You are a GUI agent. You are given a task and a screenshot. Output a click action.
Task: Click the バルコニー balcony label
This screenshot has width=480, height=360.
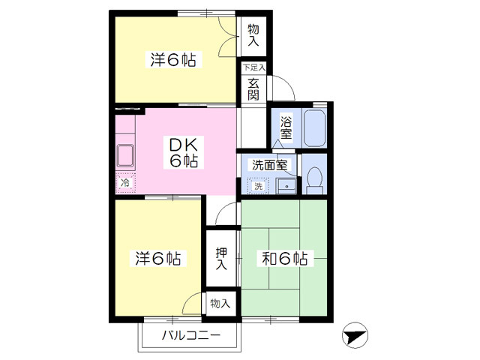(191, 335)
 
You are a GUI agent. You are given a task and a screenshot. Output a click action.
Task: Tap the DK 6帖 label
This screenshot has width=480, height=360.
(184, 153)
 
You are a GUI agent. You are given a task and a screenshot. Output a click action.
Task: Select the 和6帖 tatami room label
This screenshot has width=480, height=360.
(284, 259)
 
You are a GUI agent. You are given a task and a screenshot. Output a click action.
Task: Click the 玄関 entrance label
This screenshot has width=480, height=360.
(253, 89)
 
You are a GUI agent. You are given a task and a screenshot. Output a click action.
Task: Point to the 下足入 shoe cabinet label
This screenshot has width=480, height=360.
(253, 67)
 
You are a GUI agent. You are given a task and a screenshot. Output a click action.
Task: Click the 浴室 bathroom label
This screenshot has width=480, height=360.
(286, 128)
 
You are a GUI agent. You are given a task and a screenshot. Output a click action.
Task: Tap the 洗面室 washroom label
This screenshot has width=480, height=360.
(270, 165)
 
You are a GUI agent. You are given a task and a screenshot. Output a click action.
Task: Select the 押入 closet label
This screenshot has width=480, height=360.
(221, 259)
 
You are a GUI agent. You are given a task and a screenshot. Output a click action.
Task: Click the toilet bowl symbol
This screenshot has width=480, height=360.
(315, 181)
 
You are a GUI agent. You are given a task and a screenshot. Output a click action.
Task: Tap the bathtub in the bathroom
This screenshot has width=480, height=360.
(314, 128)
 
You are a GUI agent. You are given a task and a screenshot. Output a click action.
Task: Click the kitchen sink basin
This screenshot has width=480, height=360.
(125, 155)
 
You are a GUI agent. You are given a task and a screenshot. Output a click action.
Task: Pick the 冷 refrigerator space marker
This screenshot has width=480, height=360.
(125, 183)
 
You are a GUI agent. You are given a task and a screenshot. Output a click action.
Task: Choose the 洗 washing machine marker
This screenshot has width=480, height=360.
(259, 186)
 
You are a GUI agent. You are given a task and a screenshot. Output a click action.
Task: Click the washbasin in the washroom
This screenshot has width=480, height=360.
(286, 186)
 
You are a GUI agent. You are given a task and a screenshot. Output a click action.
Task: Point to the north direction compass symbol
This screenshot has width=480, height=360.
(355, 335)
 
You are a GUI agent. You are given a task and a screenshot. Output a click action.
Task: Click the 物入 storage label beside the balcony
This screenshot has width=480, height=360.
(220, 304)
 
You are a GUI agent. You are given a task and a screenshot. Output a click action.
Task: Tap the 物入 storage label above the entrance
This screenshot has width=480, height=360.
(253, 35)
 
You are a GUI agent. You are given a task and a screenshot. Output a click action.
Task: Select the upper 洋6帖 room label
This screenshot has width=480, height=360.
(173, 60)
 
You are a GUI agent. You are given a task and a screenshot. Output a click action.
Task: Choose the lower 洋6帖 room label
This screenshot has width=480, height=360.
(158, 259)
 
